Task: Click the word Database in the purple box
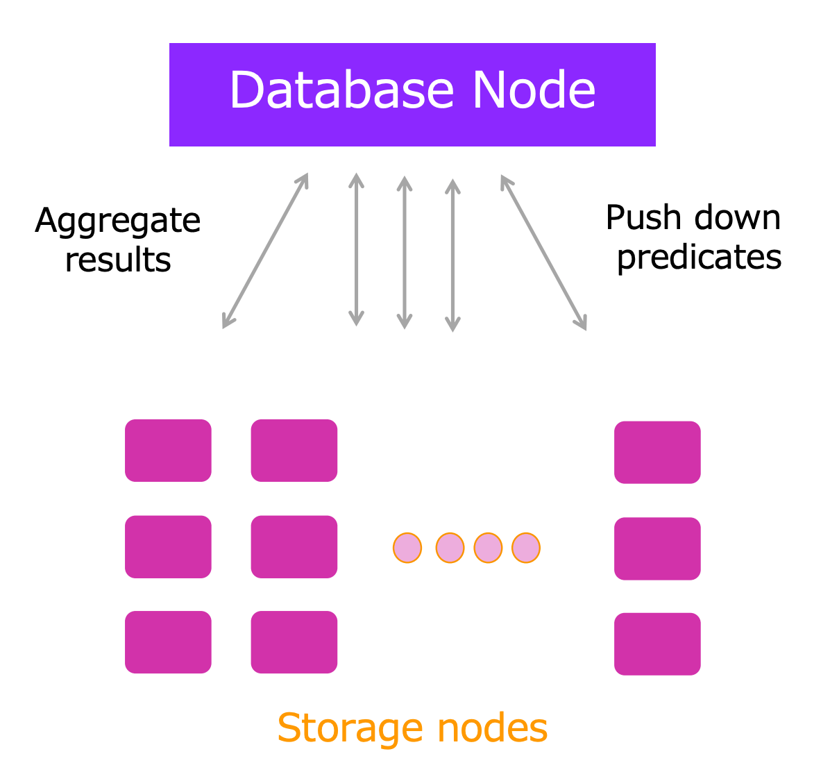click(x=341, y=90)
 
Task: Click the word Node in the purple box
click(x=534, y=90)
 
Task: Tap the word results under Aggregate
click(x=118, y=260)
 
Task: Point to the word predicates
click(x=699, y=258)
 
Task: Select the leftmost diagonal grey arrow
click(x=265, y=251)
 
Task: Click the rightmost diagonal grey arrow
click(x=544, y=252)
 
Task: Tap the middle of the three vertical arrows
click(x=405, y=252)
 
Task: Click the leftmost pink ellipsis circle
click(x=407, y=548)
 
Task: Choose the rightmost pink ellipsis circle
click(x=526, y=548)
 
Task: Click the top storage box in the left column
click(x=168, y=451)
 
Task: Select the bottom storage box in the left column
click(x=168, y=642)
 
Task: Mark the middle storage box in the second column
click(x=294, y=547)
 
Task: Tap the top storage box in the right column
click(x=657, y=453)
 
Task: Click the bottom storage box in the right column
click(x=657, y=644)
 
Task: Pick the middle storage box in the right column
click(x=657, y=548)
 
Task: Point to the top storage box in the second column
click(x=294, y=451)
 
